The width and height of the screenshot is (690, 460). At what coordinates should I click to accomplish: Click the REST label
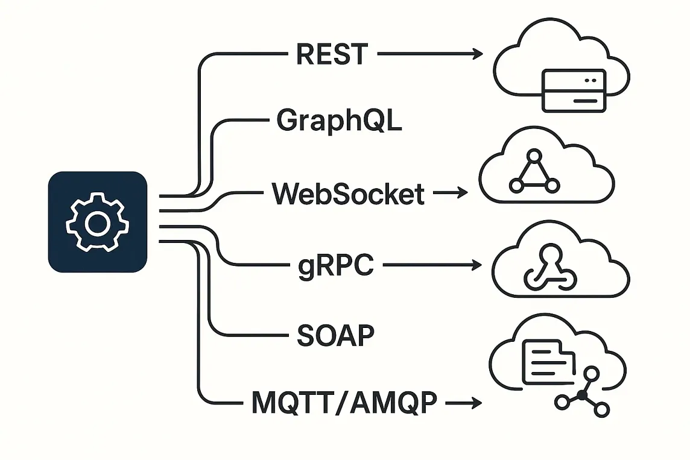tap(332, 54)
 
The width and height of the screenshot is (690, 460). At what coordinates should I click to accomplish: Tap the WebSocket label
tap(348, 194)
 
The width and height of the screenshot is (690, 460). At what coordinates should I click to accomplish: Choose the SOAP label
tap(336, 335)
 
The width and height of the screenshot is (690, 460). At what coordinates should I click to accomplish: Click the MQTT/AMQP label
tap(344, 402)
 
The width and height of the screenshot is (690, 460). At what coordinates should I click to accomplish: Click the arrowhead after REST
tap(478, 54)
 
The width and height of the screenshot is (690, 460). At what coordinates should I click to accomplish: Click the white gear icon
tap(97, 222)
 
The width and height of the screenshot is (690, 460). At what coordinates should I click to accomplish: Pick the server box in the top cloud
tap(574, 90)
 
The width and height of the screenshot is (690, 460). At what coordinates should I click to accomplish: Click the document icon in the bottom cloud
tap(549, 362)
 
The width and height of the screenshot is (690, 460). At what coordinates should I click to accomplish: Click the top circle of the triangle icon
tap(534, 156)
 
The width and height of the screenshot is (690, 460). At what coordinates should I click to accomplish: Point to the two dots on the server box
tap(590, 80)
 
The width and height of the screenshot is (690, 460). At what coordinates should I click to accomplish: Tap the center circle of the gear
tap(97, 224)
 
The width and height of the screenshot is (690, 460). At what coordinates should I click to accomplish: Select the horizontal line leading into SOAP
tap(259, 335)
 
